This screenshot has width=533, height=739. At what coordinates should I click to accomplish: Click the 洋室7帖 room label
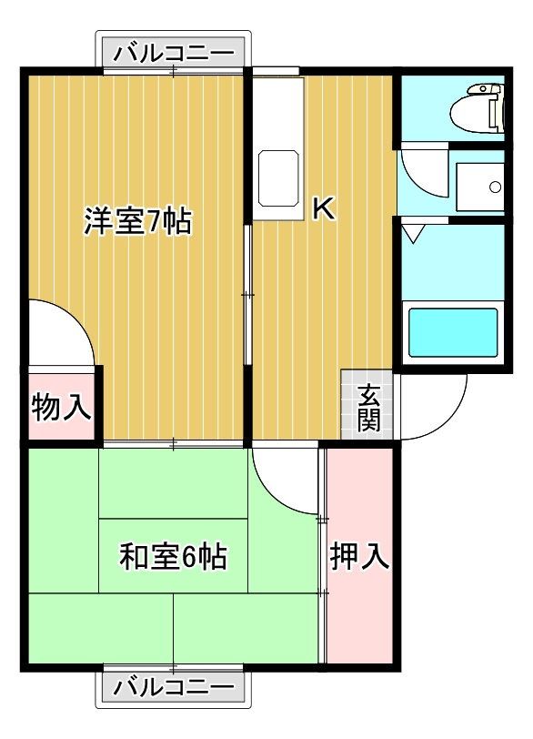[138, 220]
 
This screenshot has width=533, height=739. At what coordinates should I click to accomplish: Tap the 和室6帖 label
[174, 556]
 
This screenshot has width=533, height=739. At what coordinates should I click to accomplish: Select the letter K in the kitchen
[325, 208]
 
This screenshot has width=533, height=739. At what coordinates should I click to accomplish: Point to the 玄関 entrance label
[368, 408]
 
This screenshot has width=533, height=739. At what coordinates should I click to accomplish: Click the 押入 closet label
[359, 556]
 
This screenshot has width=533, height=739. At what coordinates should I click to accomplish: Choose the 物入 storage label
[61, 407]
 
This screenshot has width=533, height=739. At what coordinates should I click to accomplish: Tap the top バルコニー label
[174, 52]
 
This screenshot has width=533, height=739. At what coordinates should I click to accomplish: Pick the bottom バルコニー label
[174, 686]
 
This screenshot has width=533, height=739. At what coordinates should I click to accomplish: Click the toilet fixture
[477, 108]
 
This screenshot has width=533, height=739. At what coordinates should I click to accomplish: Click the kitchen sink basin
[278, 178]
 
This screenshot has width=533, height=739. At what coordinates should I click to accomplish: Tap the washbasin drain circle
[495, 187]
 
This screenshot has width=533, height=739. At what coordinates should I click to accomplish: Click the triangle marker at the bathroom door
[414, 234]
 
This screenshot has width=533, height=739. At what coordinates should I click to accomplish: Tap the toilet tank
[496, 108]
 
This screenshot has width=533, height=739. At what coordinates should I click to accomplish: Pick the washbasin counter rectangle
[480, 187]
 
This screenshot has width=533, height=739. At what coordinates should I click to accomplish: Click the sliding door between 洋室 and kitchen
[247, 295]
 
